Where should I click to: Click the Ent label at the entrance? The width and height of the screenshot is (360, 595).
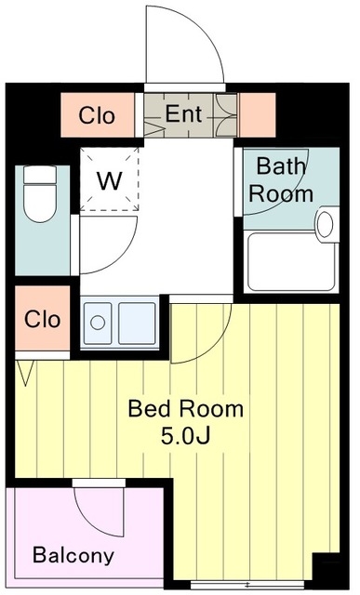pos(183,113)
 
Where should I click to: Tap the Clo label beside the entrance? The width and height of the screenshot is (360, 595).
pos(97,115)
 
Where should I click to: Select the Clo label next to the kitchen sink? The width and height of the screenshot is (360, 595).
pos(42,319)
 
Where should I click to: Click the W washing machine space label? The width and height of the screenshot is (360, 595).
pos(110,180)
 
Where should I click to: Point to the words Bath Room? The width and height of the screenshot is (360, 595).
pos(281,179)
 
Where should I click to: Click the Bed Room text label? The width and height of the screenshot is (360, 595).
pos(186,409)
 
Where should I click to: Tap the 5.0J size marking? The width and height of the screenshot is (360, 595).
pos(185,436)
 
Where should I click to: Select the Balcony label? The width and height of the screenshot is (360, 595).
pos(73,555)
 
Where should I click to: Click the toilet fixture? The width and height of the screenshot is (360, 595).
pos(40,193)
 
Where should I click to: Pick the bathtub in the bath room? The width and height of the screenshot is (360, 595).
pos(292,262)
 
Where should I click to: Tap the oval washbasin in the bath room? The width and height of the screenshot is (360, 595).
pos(325,224)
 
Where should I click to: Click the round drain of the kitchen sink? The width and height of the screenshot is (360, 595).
pos(98,323)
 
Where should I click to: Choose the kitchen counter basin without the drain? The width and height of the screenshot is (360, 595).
pos(137,324)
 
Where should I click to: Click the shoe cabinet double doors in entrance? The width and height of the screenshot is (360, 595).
pos(225,115)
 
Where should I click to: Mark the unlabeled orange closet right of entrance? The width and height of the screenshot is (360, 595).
pos(257,115)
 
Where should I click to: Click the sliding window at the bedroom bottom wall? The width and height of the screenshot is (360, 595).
pos(247,584)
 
